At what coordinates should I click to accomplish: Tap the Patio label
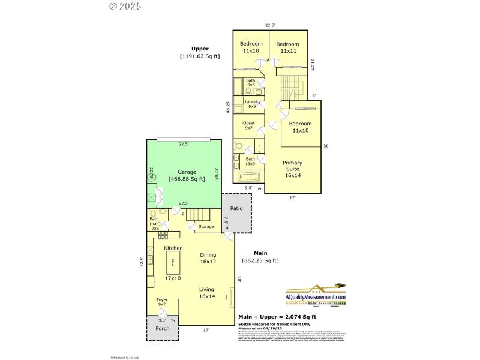click(236, 209)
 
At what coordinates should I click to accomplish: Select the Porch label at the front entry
click(162, 328)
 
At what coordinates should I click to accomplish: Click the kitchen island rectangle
click(173, 262)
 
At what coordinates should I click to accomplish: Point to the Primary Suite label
click(292, 169)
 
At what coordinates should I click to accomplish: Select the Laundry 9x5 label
click(252, 104)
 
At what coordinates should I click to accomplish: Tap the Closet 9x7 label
click(249, 125)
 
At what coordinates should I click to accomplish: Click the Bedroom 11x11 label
click(287, 47)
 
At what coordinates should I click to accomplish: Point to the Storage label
click(206, 227)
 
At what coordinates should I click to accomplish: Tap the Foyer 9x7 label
click(162, 302)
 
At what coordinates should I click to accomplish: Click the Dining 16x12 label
click(208, 258)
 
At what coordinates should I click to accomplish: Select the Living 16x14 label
click(207, 293)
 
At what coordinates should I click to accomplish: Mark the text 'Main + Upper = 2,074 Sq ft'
click(277, 317)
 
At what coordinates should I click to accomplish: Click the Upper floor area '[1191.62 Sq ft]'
click(200, 56)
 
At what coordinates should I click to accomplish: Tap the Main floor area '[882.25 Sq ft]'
click(260, 260)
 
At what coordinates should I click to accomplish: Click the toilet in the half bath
click(153, 213)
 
